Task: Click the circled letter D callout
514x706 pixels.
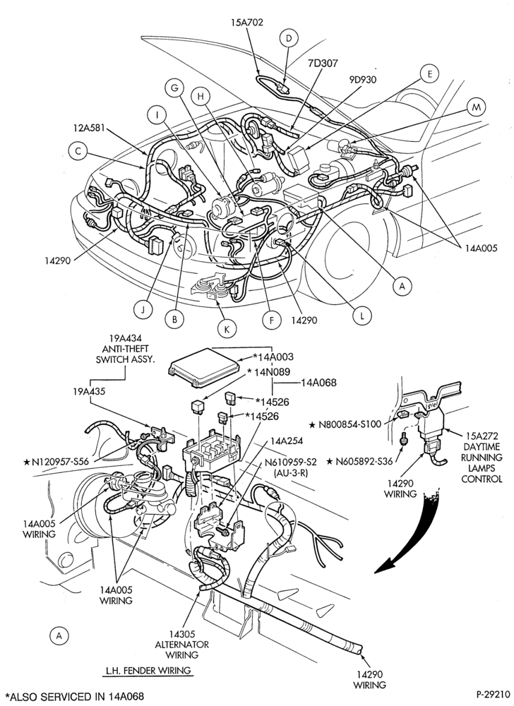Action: tap(289, 38)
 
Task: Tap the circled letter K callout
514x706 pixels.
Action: tap(227, 329)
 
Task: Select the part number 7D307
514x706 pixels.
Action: tap(323, 63)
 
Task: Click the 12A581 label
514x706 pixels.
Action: tap(90, 128)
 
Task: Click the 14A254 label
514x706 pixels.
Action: tap(287, 441)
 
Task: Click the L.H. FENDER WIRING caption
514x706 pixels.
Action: tap(148, 671)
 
